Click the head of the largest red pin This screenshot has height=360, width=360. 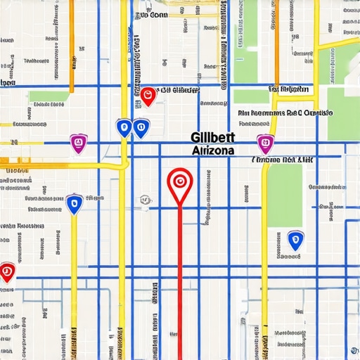pos(180,181)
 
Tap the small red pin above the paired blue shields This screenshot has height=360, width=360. pos(148,95)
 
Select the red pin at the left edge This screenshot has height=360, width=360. pos(6,271)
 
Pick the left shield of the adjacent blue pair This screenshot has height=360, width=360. pos(124,127)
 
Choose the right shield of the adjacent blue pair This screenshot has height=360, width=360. pos(141,127)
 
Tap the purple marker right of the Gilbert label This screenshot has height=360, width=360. pos(264,143)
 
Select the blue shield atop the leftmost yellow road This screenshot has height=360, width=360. pos(74,204)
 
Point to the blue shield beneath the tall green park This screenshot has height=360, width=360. pos(296,240)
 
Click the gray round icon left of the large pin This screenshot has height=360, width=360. pos(145,200)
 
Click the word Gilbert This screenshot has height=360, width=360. pos(212,139)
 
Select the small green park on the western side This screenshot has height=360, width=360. pos(49,96)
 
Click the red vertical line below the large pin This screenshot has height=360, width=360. pos(180,281)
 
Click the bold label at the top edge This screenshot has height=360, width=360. pos(151,13)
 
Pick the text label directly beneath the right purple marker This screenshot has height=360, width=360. pos(283,160)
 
